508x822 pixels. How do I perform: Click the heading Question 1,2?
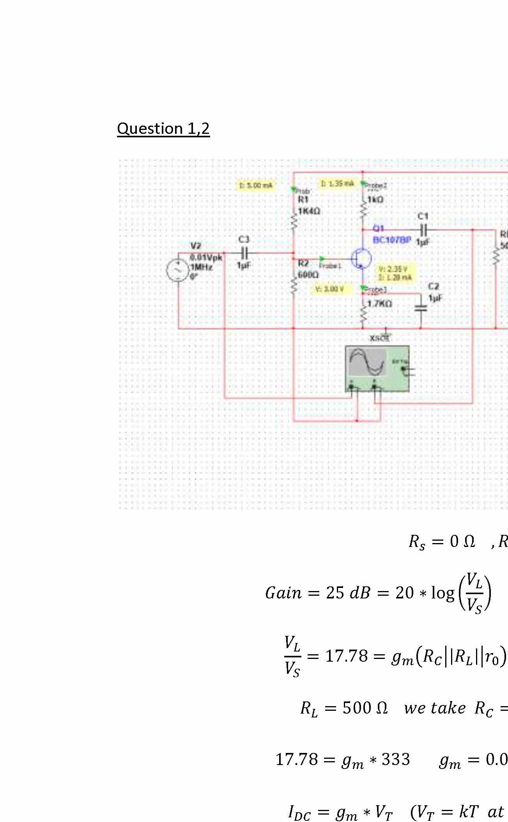pyautogui.click(x=163, y=128)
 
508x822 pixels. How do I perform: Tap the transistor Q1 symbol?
pyautogui.click(x=361, y=259)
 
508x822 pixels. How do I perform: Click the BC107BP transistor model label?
pyautogui.click(x=391, y=240)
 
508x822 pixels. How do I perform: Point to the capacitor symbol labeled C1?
pyautogui.click(x=423, y=229)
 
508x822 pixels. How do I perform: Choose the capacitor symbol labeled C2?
pyautogui.click(x=421, y=308)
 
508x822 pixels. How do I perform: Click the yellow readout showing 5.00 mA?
pyautogui.click(x=256, y=185)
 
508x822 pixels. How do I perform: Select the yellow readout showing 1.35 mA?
pyautogui.click(x=338, y=183)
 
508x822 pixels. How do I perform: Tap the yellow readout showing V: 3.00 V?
pyautogui.click(x=330, y=289)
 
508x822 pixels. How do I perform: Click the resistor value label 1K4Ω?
pyautogui.click(x=309, y=211)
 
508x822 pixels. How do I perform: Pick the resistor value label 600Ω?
pyautogui.click(x=308, y=275)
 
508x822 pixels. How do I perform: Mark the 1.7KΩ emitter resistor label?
pyautogui.click(x=380, y=304)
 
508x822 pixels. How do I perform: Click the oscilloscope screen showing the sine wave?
pyautogui.click(x=366, y=362)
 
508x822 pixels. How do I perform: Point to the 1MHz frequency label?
pyautogui.click(x=202, y=268)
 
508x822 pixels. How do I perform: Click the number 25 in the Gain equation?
pyautogui.click(x=335, y=593)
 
